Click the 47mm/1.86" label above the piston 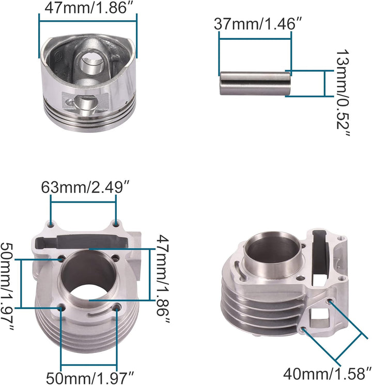click(89, 8)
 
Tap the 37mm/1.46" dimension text click(258, 24)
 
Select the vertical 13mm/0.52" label click(342, 93)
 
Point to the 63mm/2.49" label click(85, 187)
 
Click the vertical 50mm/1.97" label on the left click(7, 286)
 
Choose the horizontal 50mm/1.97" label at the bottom click(90, 378)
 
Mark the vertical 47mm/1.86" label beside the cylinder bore click(163, 279)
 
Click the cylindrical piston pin click(255, 83)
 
